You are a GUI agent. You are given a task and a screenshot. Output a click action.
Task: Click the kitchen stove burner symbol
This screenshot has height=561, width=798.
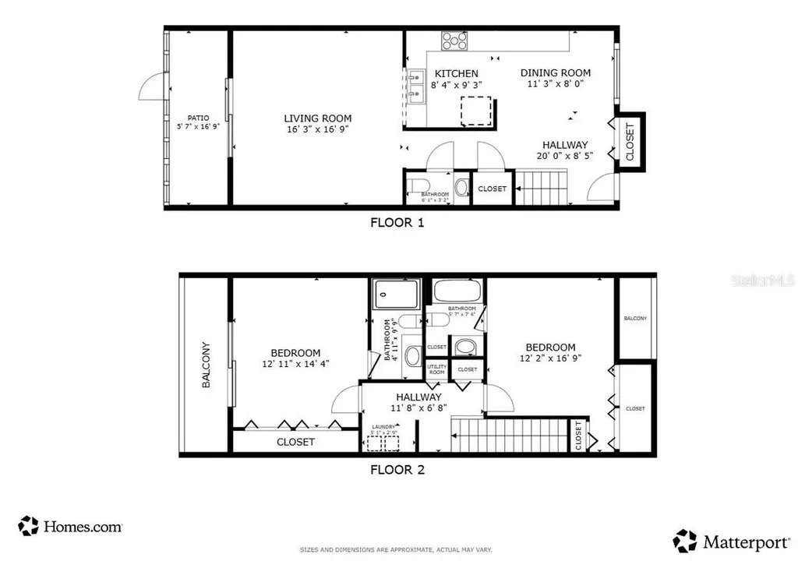[x=454, y=41]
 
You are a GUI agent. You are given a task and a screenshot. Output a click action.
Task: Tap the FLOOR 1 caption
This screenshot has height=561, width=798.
[x=397, y=222]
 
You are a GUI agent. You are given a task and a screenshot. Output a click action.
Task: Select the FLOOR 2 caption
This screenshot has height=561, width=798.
[x=397, y=470]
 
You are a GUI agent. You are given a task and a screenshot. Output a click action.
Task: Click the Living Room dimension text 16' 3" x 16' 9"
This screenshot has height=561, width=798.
[x=317, y=130]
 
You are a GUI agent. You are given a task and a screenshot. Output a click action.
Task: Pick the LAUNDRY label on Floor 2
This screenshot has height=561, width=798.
[x=383, y=427]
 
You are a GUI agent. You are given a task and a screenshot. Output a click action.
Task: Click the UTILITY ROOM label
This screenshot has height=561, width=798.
[x=436, y=369]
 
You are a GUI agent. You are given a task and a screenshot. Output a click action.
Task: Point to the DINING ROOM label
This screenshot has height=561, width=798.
[x=556, y=73]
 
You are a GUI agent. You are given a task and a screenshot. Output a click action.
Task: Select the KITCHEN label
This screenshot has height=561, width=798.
[x=456, y=73]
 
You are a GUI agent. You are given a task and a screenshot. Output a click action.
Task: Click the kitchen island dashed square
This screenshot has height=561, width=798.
[x=476, y=111]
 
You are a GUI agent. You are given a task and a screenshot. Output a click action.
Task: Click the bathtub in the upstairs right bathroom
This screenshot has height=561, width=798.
[x=457, y=291]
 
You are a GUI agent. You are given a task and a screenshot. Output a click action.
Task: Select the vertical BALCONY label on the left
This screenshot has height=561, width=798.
[x=207, y=365]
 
